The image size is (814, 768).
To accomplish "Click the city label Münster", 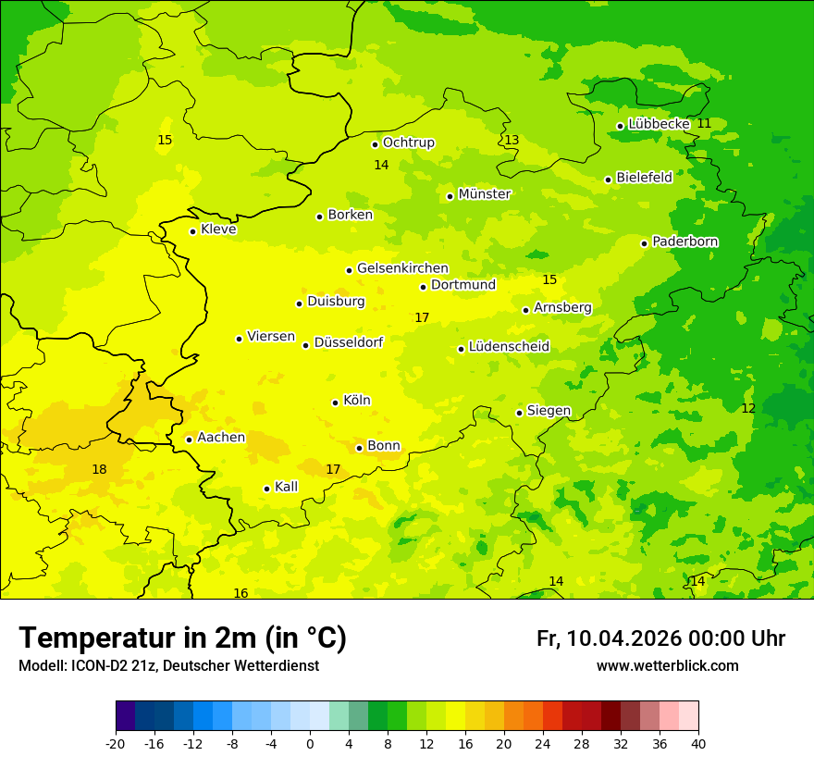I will tap(485, 194).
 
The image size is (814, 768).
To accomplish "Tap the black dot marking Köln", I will tap(335, 403).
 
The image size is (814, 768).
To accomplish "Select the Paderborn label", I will tap(685, 242).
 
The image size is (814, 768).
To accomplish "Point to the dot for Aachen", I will tap(189, 440).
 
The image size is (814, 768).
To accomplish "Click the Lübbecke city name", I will tap(659, 124).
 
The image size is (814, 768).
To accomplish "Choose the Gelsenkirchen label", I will tap(402, 268).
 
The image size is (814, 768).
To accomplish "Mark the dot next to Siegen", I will tap(519, 413).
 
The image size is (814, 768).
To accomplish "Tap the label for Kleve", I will tap(218, 229).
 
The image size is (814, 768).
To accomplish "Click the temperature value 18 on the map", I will tap(99, 469).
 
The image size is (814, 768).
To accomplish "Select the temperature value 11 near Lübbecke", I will tap(704, 123).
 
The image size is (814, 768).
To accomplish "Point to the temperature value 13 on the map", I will tap(512, 140).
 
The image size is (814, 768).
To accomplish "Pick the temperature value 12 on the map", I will tap(748, 408).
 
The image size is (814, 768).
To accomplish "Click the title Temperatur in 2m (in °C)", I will tap(182, 638).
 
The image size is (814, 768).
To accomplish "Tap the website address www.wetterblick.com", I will tap(667, 666).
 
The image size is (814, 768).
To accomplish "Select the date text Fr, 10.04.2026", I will tap(608, 638).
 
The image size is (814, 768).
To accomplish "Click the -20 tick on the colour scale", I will tap(116, 743).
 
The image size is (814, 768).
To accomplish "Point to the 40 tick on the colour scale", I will tap(698, 743).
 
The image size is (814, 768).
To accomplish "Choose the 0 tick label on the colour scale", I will tap(310, 743).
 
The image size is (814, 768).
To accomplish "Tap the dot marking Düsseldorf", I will tap(305, 345).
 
